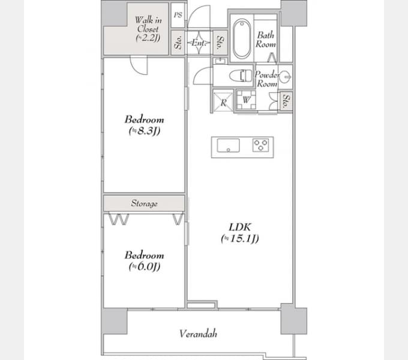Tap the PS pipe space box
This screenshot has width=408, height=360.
coord(177,16)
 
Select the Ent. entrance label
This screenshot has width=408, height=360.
coord(199,43)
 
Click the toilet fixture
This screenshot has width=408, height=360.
coord(242,76)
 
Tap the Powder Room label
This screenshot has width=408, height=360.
coord(266,79)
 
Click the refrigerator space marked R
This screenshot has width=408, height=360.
coord(223,101)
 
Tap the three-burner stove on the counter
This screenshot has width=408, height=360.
coord(262,145)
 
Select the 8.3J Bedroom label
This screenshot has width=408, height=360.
coord(144,125)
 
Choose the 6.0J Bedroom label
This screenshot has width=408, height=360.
coord(144,260)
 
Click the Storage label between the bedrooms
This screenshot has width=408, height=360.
coord(144,203)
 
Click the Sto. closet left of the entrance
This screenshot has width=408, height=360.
coord(178,43)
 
